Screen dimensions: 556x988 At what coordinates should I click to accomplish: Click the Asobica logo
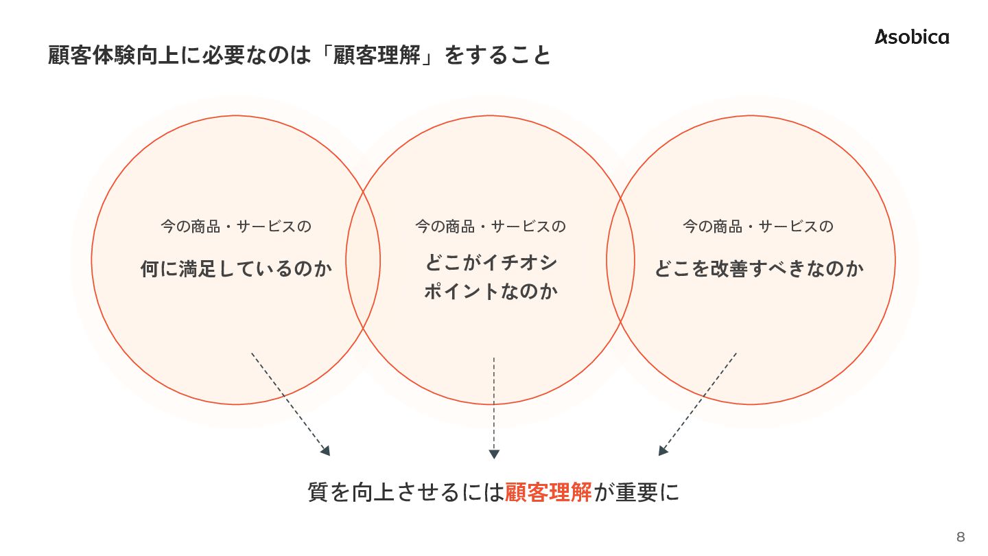click(x=912, y=37)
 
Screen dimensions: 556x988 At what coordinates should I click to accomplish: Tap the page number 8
click(x=961, y=537)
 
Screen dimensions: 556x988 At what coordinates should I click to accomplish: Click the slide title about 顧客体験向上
click(x=299, y=55)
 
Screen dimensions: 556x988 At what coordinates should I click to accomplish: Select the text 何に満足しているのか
click(x=236, y=268)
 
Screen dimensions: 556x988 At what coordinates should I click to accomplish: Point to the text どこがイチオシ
click(x=491, y=264)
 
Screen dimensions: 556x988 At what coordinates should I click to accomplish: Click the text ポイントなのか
click(x=491, y=292)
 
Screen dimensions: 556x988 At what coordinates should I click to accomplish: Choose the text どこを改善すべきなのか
click(x=758, y=268)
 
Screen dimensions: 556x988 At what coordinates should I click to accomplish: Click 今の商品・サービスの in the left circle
click(x=236, y=226)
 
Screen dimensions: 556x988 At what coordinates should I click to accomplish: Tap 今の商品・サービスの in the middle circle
click(x=491, y=226)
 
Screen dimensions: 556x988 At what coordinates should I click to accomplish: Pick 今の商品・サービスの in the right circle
click(x=758, y=226)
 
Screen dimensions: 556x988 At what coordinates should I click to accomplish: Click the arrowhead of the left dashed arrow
click(x=325, y=451)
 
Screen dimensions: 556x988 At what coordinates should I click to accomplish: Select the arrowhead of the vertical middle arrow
click(x=494, y=454)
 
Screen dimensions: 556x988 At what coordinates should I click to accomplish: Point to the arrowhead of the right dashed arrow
click(x=663, y=451)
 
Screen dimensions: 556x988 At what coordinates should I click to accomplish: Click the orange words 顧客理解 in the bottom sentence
click(x=548, y=492)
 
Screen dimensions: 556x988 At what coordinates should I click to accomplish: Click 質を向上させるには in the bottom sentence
click(x=405, y=492)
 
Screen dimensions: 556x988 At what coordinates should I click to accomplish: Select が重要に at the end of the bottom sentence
click(x=636, y=492)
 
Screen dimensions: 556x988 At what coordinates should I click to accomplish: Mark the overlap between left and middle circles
click(x=363, y=261)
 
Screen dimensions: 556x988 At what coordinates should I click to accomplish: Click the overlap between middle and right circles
click(x=621, y=261)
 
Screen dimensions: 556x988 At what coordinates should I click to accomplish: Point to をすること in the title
click(x=498, y=55)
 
